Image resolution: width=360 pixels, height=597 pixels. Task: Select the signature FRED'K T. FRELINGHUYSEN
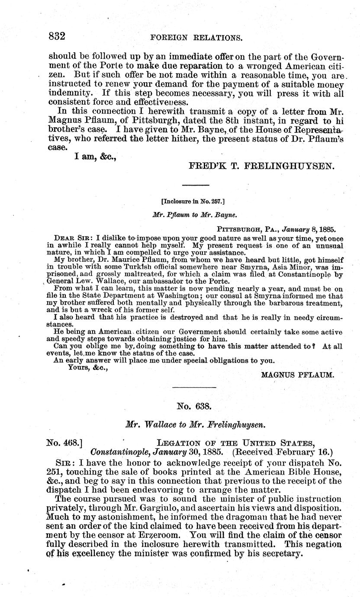coord(263,166)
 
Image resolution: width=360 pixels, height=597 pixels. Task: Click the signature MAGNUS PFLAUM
coord(298,375)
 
